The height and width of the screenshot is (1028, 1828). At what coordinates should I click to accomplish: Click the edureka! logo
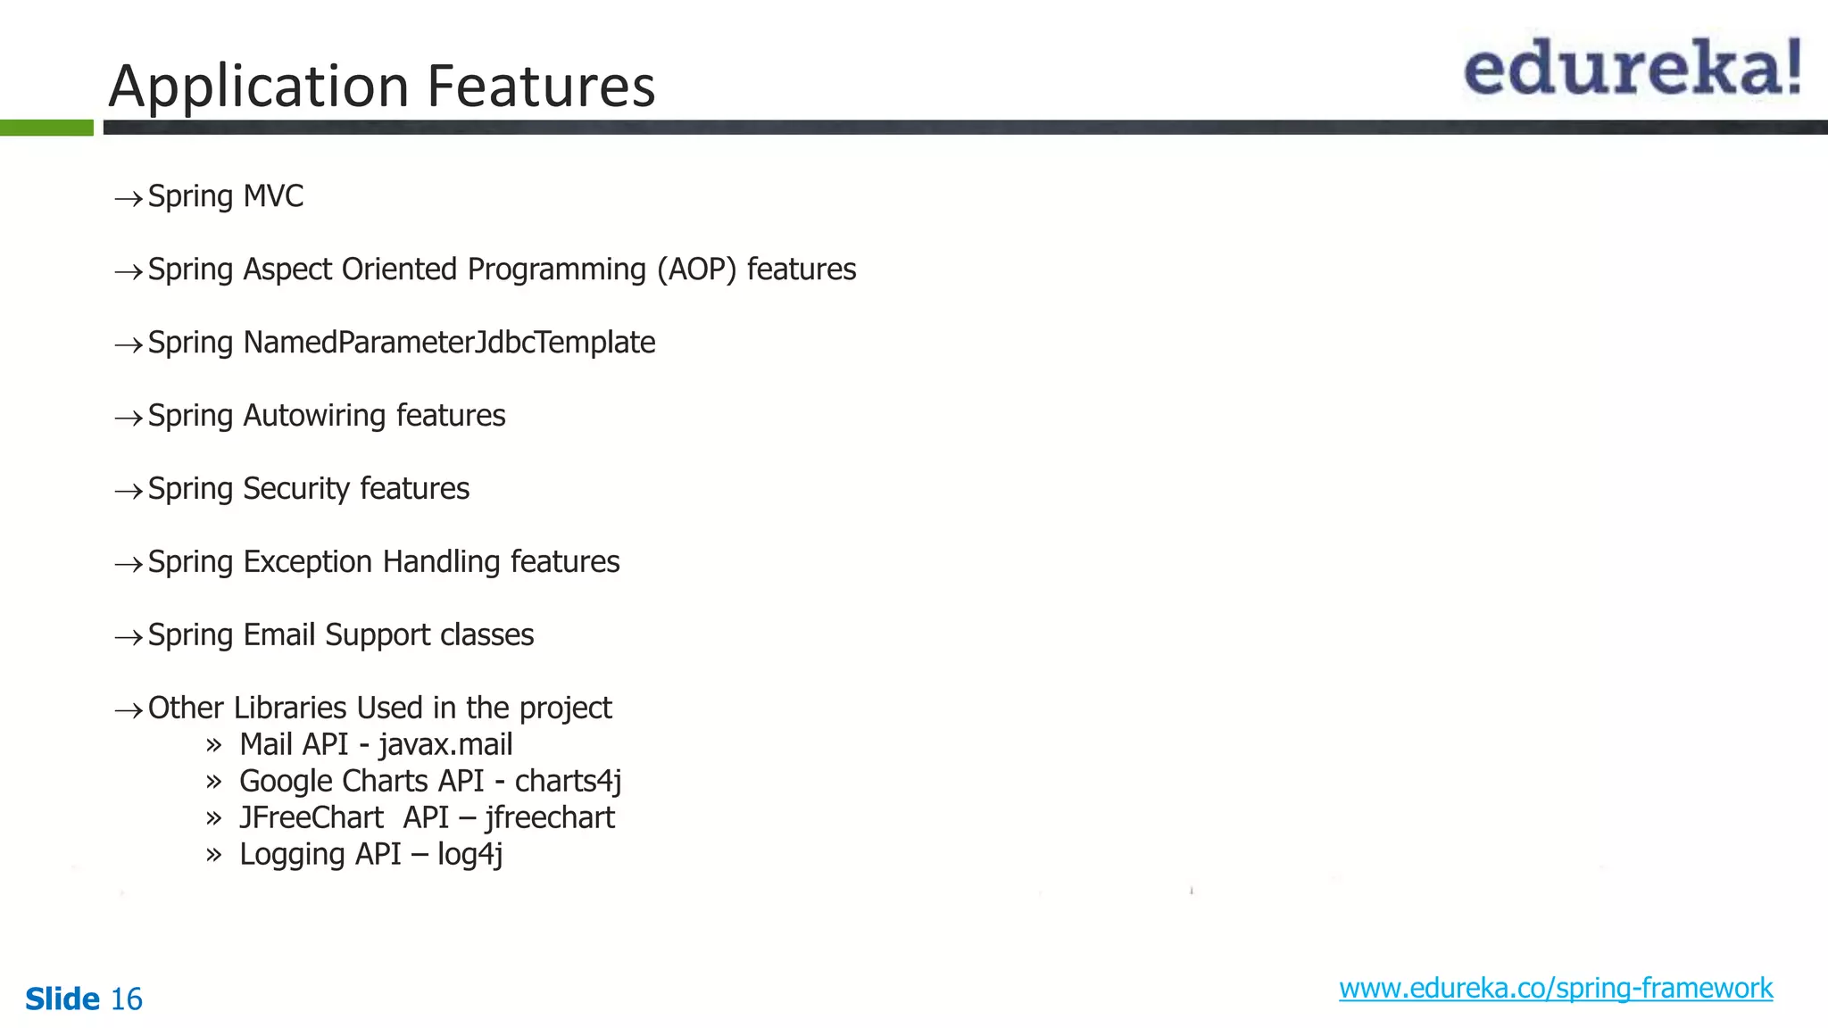[x=1632, y=68]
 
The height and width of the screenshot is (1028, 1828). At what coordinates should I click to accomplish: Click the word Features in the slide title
[x=541, y=87]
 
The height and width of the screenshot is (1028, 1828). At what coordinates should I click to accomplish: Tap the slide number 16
[x=126, y=999]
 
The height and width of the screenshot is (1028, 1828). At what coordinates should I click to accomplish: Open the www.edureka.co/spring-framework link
[x=1555, y=988]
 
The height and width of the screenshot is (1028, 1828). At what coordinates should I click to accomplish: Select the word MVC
[x=273, y=195]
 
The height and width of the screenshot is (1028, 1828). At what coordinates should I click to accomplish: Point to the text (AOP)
[x=697, y=269]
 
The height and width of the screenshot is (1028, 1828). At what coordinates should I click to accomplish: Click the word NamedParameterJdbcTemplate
[x=449, y=343]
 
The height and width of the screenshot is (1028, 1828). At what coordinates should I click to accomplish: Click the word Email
[x=279, y=634]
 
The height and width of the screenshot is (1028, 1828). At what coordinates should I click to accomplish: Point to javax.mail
[x=445, y=744]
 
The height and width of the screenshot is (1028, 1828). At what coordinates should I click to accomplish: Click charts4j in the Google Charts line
[x=568, y=781]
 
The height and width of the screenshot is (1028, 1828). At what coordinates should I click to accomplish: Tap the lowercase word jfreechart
[x=550, y=817]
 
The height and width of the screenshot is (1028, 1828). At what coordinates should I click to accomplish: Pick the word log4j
[x=469, y=854]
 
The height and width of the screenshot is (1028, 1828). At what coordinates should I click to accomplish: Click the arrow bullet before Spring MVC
[x=129, y=198]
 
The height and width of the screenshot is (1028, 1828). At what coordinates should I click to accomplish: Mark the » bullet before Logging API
[x=213, y=855]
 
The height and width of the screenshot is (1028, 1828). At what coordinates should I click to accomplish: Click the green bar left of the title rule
[x=46, y=128]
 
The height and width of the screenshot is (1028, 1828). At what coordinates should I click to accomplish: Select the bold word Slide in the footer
[x=62, y=999]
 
